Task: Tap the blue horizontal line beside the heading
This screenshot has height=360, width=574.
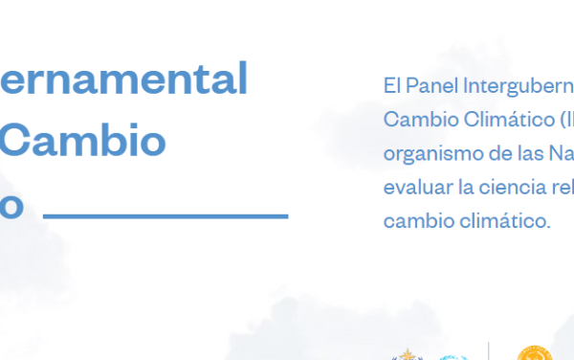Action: tap(166, 215)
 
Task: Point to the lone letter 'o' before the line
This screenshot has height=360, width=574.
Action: tap(11, 205)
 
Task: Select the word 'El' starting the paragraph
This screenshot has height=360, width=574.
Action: tap(390, 85)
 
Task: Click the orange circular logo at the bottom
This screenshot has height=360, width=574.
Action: tap(535, 353)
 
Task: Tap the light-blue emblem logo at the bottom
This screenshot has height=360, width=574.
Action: tap(453, 356)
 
